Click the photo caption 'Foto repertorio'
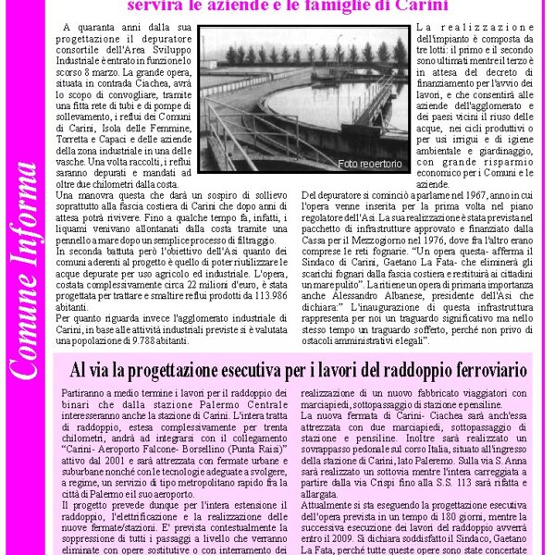tap(371, 164)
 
